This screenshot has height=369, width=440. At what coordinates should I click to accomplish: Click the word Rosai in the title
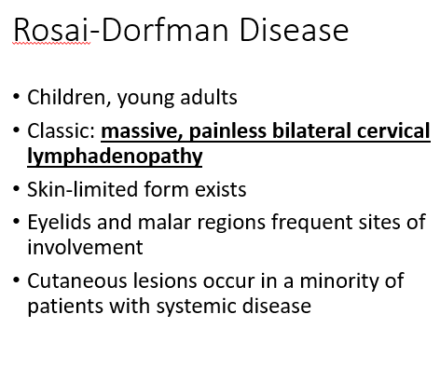click(x=51, y=30)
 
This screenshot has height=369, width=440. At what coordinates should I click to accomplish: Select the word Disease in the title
click(x=294, y=30)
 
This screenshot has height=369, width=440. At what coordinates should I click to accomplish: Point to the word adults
click(x=209, y=97)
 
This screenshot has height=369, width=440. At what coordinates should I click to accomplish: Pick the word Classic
click(x=62, y=130)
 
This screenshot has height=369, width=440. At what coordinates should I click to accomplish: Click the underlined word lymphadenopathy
click(x=115, y=157)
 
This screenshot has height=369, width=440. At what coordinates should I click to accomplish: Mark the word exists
click(x=221, y=189)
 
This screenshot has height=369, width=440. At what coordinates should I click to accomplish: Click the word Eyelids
click(x=60, y=222)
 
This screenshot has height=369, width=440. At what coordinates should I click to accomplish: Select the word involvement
click(x=85, y=247)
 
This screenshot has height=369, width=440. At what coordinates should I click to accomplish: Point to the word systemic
click(x=197, y=307)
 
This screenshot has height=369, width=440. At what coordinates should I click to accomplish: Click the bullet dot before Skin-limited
click(x=17, y=189)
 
